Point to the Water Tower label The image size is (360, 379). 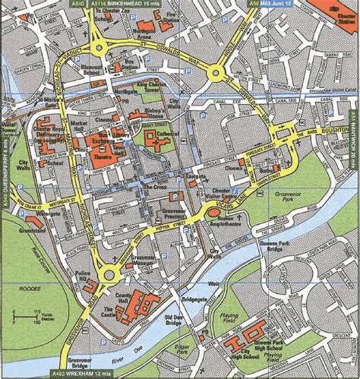point(10,126)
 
